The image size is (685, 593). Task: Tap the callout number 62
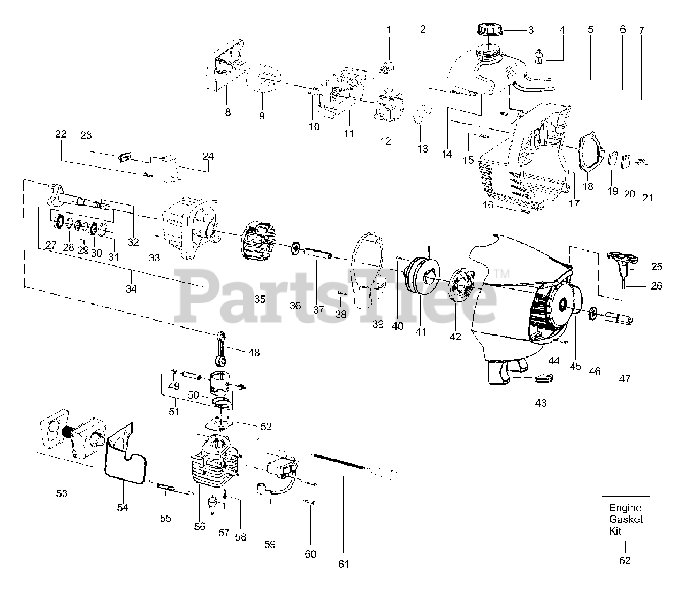pos(625,560)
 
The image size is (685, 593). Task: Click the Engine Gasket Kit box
pos(625,519)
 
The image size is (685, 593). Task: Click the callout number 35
pos(260,299)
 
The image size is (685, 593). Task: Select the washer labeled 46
pos(593,312)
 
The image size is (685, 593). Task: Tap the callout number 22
pos(61,134)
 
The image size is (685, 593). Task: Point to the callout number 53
pos(62,493)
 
